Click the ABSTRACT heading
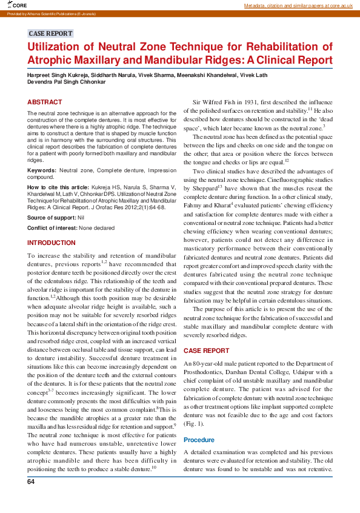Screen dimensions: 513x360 point(44,102)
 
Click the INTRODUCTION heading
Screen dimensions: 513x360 point(52,243)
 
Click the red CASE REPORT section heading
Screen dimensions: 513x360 point(206,351)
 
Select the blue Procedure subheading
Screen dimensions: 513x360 point(199,440)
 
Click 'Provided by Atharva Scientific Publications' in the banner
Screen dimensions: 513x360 point(42,12)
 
